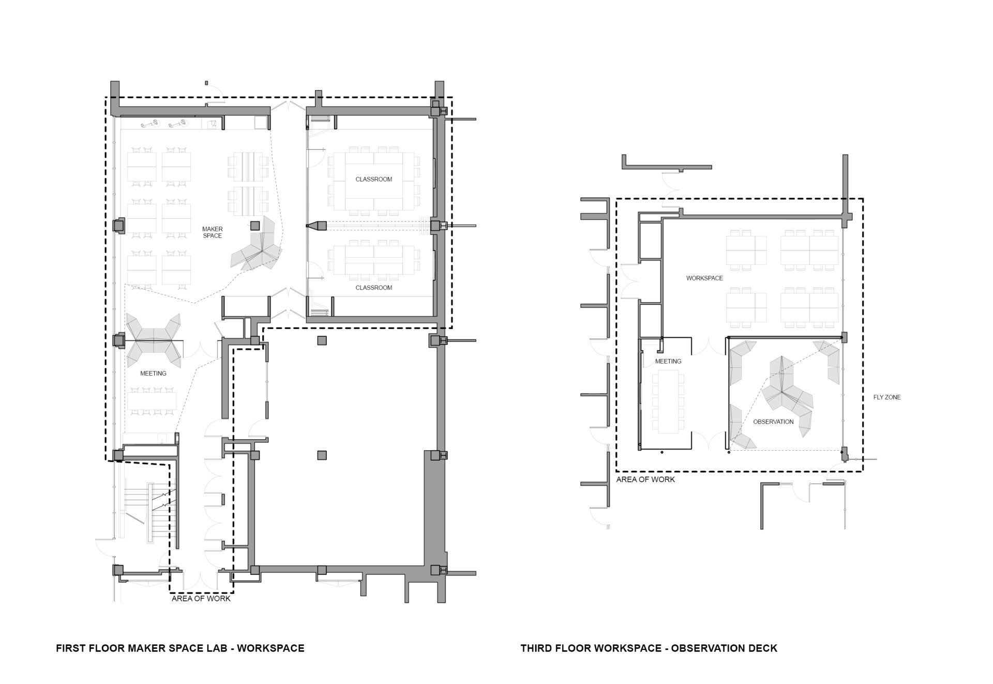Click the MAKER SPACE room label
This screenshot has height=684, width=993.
212,232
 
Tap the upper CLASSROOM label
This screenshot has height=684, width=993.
373,180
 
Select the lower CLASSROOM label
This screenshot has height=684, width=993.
373,288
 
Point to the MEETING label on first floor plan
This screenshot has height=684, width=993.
153,374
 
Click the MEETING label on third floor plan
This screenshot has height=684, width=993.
668,361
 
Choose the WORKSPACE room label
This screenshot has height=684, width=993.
704,278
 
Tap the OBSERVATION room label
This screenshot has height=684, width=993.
773,422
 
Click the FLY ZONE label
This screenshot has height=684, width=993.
886,397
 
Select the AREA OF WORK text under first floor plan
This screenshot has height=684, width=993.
201,599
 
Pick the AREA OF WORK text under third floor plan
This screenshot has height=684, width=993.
645,480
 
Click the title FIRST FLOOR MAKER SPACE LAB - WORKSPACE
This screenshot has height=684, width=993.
180,648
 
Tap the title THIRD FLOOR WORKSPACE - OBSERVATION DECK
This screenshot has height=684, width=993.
649,648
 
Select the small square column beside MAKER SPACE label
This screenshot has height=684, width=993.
254,226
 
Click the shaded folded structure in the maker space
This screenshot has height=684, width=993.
258,244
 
